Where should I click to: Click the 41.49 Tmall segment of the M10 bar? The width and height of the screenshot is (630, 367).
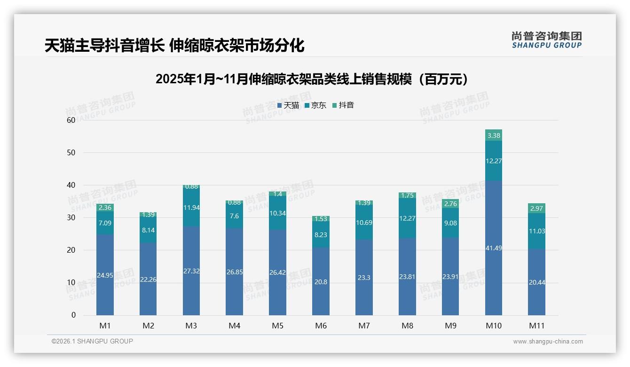point(493,248)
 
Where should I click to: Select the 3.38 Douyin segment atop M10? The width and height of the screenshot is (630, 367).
point(493,136)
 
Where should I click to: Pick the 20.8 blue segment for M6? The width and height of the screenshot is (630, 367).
point(321,282)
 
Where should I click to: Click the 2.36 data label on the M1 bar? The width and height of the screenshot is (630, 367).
point(105,208)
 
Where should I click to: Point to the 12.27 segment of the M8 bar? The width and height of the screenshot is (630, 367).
point(407,218)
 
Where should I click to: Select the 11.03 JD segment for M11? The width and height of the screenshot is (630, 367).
point(536,231)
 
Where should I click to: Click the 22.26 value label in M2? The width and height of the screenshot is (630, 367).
point(148,279)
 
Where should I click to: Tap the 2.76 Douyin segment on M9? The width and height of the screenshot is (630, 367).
point(450,204)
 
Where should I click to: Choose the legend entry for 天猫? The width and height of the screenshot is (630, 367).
point(288,105)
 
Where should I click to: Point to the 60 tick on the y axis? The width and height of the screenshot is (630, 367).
point(71,120)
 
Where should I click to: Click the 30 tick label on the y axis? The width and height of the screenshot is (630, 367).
point(71,217)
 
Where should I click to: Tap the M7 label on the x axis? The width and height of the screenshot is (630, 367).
point(364,326)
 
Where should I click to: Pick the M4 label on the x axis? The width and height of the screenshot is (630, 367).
point(235,326)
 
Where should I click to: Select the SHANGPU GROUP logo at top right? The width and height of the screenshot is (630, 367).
point(546,40)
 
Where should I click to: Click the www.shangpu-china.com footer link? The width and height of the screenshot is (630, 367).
point(548,342)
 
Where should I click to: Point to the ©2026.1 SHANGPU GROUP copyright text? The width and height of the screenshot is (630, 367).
point(92,341)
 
